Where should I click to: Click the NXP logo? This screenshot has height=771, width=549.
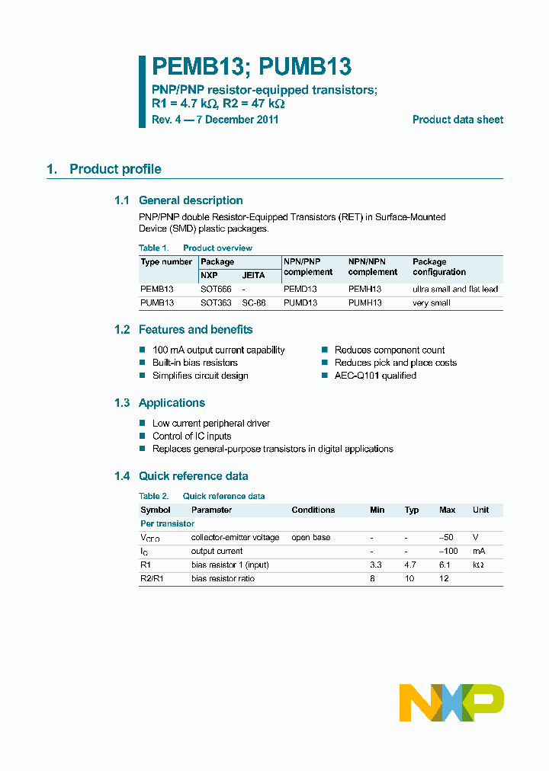[x=451, y=702]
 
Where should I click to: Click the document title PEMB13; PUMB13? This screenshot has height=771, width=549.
[x=251, y=67]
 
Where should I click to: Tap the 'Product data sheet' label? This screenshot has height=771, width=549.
[x=457, y=120]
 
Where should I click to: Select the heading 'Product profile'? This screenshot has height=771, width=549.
[x=115, y=169]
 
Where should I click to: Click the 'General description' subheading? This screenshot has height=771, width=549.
[x=191, y=200]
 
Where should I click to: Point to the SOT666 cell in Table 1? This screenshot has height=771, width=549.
[x=216, y=290]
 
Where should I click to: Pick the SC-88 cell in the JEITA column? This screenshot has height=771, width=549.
[x=254, y=302]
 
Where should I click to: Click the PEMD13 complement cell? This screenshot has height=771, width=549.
[x=300, y=290]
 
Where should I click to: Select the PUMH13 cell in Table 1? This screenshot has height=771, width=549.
[x=364, y=302]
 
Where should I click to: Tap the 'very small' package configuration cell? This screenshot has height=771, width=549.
[x=432, y=302]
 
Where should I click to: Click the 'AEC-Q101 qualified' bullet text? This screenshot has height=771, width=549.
[x=375, y=376]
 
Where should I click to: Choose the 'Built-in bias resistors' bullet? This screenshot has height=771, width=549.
[x=195, y=363]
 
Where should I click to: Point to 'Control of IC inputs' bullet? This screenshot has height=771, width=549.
[x=191, y=436]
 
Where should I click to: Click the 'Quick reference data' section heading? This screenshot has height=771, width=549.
[x=193, y=476]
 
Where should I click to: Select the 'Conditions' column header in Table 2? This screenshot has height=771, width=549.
[x=313, y=510]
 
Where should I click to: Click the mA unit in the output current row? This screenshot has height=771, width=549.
[x=479, y=551]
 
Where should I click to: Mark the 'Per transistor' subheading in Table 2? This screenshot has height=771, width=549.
[x=167, y=523]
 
